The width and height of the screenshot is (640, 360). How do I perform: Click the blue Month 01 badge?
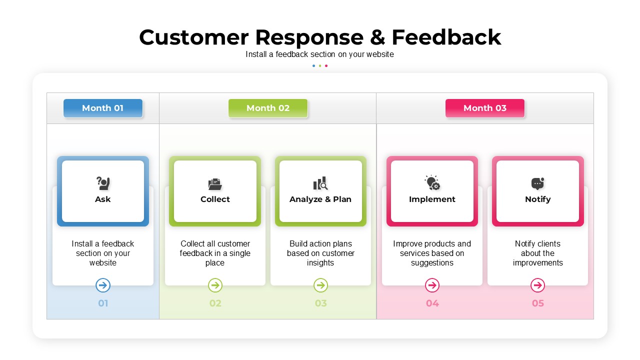(103, 108)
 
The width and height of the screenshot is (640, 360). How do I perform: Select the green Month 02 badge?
(268, 108)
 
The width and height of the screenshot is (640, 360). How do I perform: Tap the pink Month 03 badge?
(485, 108)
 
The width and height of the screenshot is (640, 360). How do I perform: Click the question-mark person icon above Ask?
(103, 183)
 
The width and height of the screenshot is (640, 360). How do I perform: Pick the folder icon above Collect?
(215, 184)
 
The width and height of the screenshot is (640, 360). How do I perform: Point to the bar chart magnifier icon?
(320, 183)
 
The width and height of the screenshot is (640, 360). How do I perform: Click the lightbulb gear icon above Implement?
(432, 182)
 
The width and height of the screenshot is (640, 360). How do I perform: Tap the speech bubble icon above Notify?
(537, 183)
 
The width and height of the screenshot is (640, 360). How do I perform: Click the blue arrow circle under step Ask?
(103, 285)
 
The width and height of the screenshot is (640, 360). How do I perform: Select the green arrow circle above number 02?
(215, 285)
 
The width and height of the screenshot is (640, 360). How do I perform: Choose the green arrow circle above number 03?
(320, 285)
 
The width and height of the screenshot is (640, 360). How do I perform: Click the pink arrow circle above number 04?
(432, 285)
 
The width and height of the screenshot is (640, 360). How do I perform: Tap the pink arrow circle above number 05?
(537, 285)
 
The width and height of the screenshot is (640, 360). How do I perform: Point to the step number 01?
(103, 303)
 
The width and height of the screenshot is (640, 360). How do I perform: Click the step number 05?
(537, 303)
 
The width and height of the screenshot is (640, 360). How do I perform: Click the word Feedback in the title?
(446, 37)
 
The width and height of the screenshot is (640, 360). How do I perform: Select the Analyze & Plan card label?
(320, 199)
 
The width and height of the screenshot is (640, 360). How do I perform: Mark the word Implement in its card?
(432, 199)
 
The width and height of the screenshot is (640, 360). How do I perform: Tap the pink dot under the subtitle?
(326, 65)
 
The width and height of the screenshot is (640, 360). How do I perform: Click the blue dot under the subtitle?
(313, 65)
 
